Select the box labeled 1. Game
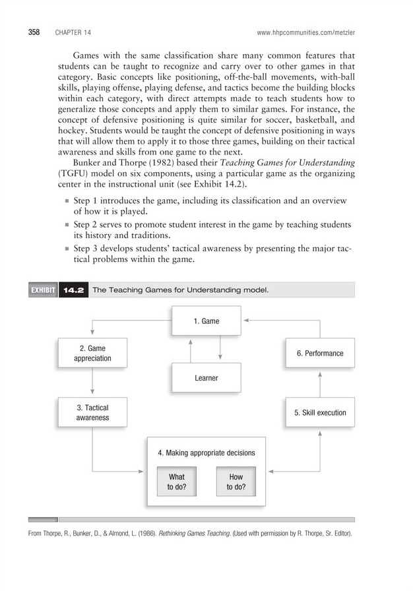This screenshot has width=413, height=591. click(206, 321)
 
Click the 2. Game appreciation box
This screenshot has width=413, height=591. click(92, 354)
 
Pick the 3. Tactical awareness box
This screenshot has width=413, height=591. click(92, 412)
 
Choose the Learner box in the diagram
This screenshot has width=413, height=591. click(206, 378)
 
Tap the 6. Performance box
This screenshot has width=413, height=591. click(320, 354)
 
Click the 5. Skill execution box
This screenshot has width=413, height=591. click(320, 413)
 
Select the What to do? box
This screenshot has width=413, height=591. click(177, 482)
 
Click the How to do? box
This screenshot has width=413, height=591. click(236, 482)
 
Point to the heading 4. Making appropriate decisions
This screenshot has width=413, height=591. click(206, 453)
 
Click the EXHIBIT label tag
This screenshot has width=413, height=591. click(42, 290)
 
